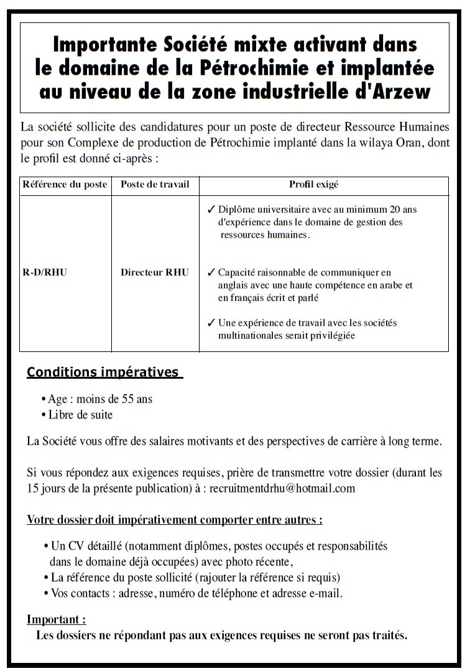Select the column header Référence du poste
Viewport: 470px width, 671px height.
[x=65, y=185]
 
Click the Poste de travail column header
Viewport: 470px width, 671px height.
[x=155, y=185]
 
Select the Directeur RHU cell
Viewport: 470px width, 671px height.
[x=154, y=272]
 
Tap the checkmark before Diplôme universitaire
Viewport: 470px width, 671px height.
[x=212, y=210]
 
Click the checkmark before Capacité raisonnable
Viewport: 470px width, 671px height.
[x=212, y=272]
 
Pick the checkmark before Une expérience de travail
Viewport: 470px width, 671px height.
[x=212, y=323]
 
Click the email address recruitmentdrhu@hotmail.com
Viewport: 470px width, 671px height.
[x=282, y=488]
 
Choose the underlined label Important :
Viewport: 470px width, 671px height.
[x=56, y=619]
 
